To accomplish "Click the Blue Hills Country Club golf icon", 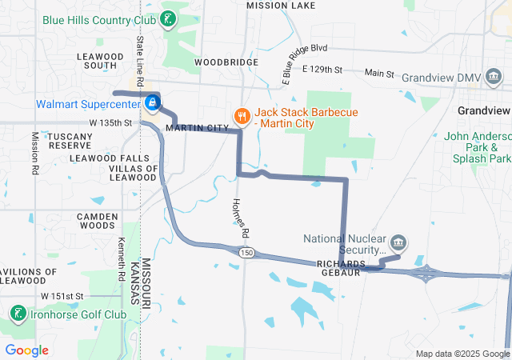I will (x=168, y=19).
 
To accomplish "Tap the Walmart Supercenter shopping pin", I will (x=152, y=103).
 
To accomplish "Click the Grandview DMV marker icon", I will (x=495, y=76).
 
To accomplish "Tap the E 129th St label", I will (x=322, y=71).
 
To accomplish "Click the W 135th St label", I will (x=110, y=122).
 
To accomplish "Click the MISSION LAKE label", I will (x=281, y=5).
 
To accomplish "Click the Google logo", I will (x=26, y=350).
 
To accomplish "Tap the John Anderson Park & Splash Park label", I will (x=478, y=148).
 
